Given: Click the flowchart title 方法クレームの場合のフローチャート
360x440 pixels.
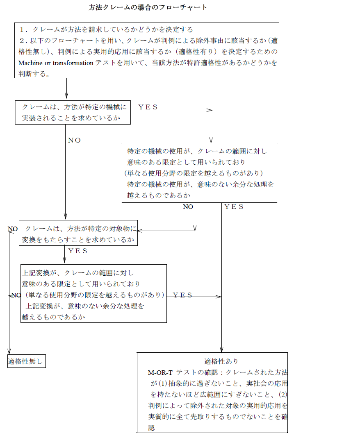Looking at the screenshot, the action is tap(148, 7).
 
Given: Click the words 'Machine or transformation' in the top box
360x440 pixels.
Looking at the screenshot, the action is tap(56, 63).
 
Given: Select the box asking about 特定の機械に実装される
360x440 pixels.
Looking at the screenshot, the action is tap(73, 112).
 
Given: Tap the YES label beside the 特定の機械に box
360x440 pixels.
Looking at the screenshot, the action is tap(148, 107).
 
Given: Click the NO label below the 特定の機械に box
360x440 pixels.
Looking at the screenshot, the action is tap(74, 140).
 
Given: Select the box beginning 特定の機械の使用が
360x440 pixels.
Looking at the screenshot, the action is tap(199, 173).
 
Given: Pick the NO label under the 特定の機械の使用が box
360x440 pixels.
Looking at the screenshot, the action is tap(188, 207).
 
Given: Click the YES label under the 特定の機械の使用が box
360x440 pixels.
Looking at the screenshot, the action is tap(234, 207).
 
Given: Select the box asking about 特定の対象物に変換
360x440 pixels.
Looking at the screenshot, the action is tap(78, 233).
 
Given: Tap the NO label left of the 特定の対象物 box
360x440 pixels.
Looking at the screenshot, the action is tap(13, 229).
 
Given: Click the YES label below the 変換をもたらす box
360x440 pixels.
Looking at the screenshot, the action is tap(77, 251).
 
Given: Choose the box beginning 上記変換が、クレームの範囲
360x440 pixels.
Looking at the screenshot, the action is tap(94, 293).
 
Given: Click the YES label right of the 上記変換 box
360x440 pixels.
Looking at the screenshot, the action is tap(182, 295).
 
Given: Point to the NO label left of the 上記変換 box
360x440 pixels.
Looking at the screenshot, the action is tap(16, 295).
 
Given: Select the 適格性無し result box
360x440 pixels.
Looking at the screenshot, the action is tap(26, 361).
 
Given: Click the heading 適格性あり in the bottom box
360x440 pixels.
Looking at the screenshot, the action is tap(221, 361).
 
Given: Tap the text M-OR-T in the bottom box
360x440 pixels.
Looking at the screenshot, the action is tap(160, 373).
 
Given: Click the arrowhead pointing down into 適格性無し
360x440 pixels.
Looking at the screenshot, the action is tap(9, 352).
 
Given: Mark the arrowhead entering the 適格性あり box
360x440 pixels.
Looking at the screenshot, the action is tap(221, 349).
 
